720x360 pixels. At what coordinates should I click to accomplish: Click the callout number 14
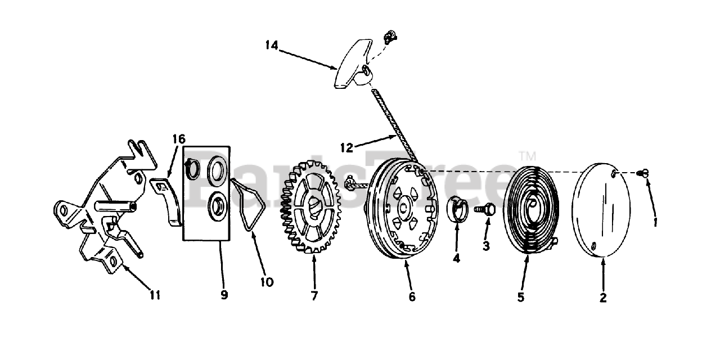coord(272,44)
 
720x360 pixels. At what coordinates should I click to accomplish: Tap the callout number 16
coord(178,139)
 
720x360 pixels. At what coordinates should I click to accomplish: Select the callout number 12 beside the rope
coord(347,147)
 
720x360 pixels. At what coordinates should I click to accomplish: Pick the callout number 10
coord(267,282)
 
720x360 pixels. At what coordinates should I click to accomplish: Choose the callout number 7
coord(314,295)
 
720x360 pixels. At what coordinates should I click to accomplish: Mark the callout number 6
coord(412,296)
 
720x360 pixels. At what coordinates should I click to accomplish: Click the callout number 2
coord(603,298)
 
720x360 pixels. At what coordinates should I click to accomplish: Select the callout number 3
coord(486,246)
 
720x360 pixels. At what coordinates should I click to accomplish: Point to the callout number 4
coord(456,258)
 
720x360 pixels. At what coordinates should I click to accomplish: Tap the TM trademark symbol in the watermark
coord(528,155)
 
